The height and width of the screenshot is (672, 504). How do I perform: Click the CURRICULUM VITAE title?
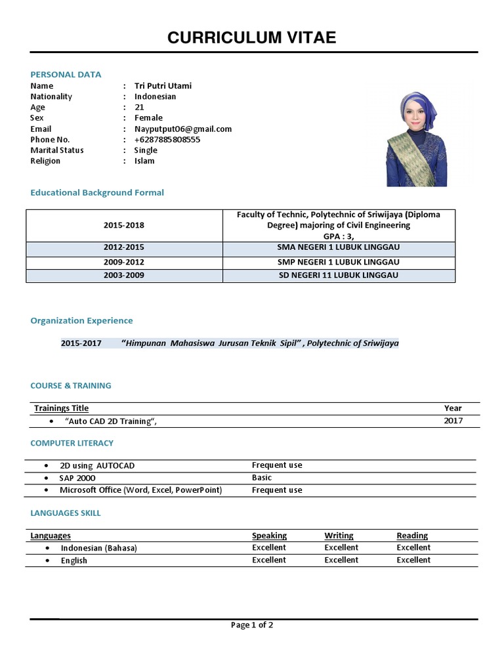point(251,38)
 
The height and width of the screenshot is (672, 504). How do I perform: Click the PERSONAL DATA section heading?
point(66,74)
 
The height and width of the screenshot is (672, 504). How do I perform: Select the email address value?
point(182,129)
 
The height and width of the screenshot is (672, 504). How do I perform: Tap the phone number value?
point(167,139)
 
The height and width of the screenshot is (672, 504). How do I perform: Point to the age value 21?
point(139,107)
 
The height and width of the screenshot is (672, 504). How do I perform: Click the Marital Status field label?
point(57,150)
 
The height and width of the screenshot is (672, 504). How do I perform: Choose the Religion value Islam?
point(144,161)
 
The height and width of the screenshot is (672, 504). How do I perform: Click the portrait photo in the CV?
point(416,138)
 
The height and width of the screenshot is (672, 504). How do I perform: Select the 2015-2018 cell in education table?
point(124,225)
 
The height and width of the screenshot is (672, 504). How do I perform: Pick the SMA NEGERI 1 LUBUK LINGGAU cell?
point(339,247)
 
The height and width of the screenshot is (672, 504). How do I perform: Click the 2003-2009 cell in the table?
point(124,276)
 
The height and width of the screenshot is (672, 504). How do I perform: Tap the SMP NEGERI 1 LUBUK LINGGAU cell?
point(339,262)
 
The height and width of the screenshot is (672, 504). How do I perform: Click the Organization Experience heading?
point(81,320)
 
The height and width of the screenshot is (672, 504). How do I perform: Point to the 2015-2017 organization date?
point(81,343)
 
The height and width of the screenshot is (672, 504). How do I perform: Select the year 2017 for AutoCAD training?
point(453,421)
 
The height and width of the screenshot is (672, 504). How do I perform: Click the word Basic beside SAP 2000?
point(261,478)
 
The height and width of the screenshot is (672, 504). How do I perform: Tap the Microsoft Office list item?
point(140,490)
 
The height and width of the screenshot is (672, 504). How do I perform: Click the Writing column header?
point(339,535)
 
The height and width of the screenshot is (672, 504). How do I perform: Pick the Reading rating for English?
point(413,560)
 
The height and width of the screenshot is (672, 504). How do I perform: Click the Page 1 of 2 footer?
point(252,625)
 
